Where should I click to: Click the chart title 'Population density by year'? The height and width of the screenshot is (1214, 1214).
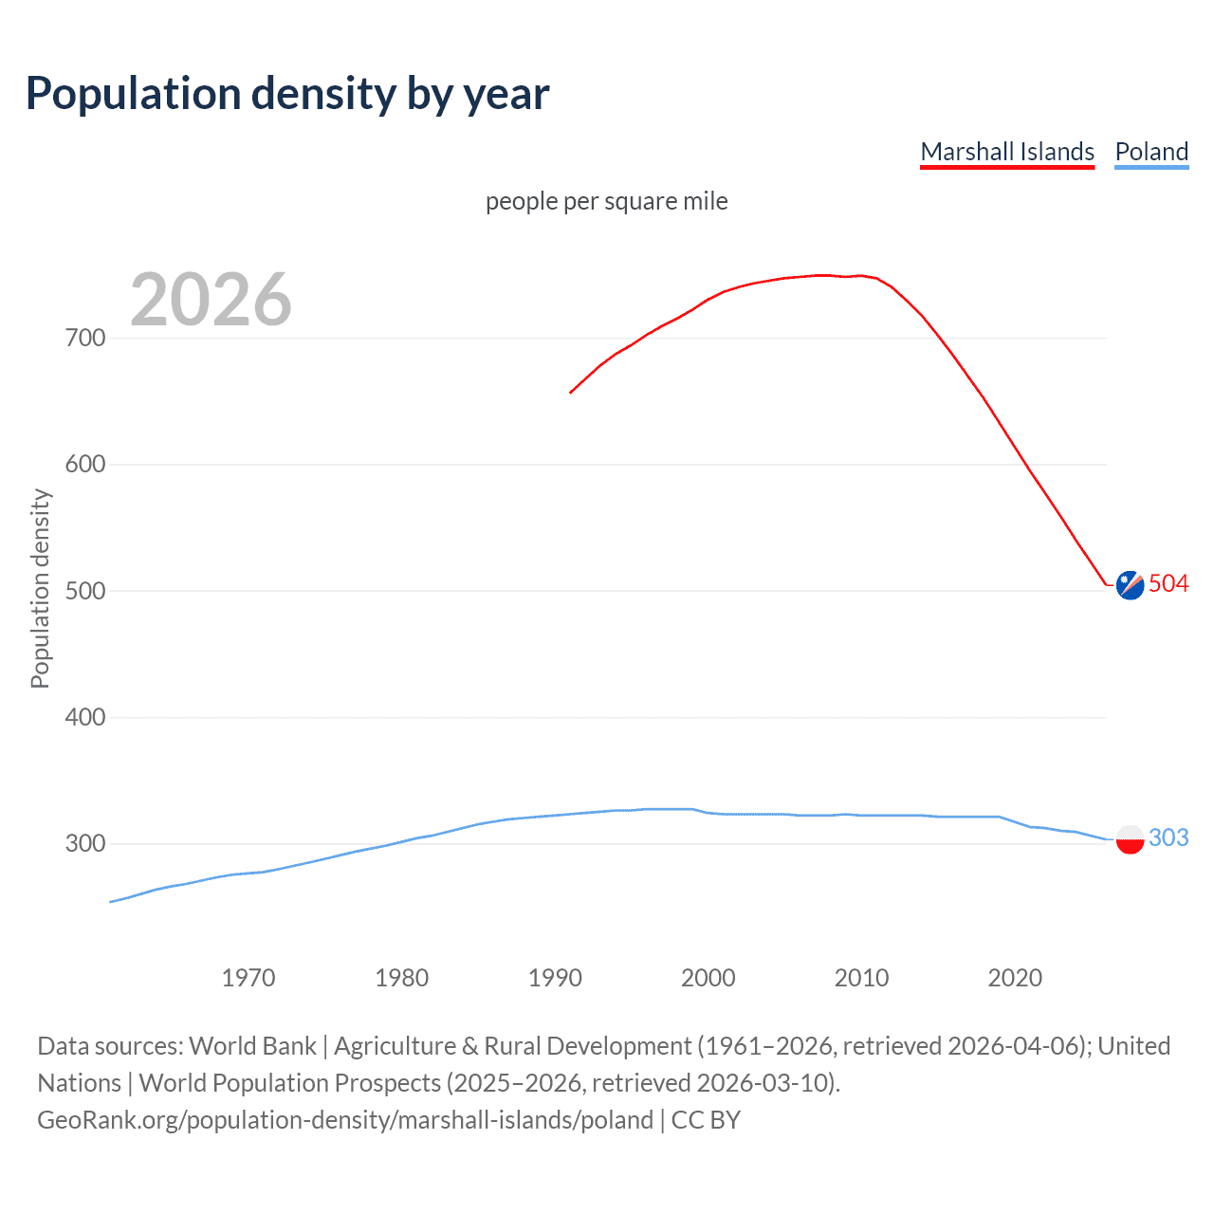(x=287, y=94)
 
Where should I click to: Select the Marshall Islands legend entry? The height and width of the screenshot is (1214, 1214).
(x=1007, y=152)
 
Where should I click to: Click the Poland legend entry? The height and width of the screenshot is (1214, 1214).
(x=1151, y=152)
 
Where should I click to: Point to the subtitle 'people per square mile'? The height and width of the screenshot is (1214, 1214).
(x=606, y=201)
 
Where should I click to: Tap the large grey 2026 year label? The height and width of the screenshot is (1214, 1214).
(x=211, y=300)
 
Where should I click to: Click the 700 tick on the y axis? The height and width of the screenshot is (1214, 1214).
(x=85, y=339)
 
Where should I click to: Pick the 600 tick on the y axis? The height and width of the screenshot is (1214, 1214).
(x=85, y=465)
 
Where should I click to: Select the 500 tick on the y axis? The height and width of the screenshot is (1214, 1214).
(x=85, y=591)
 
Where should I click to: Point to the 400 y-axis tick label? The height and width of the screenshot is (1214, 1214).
(x=85, y=717)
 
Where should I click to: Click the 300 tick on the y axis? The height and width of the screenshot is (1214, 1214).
(x=85, y=843)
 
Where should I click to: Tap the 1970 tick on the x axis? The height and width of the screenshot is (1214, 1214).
(x=248, y=978)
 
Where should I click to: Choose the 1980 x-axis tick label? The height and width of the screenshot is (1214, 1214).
(x=402, y=978)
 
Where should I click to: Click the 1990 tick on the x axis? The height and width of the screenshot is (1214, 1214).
(x=555, y=978)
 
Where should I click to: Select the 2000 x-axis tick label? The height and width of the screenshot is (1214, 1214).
(x=708, y=978)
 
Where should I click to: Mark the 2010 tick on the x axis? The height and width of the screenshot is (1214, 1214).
(x=861, y=978)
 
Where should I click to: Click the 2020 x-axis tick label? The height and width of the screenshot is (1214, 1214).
(x=1015, y=978)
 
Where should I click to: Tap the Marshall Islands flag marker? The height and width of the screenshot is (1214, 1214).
(x=1130, y=586)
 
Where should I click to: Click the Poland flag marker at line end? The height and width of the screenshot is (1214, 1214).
(x=1130, y=839)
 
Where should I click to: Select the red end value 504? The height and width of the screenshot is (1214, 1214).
(x=1168, y=583)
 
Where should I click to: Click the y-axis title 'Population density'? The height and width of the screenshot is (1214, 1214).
(x=40, y=588)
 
